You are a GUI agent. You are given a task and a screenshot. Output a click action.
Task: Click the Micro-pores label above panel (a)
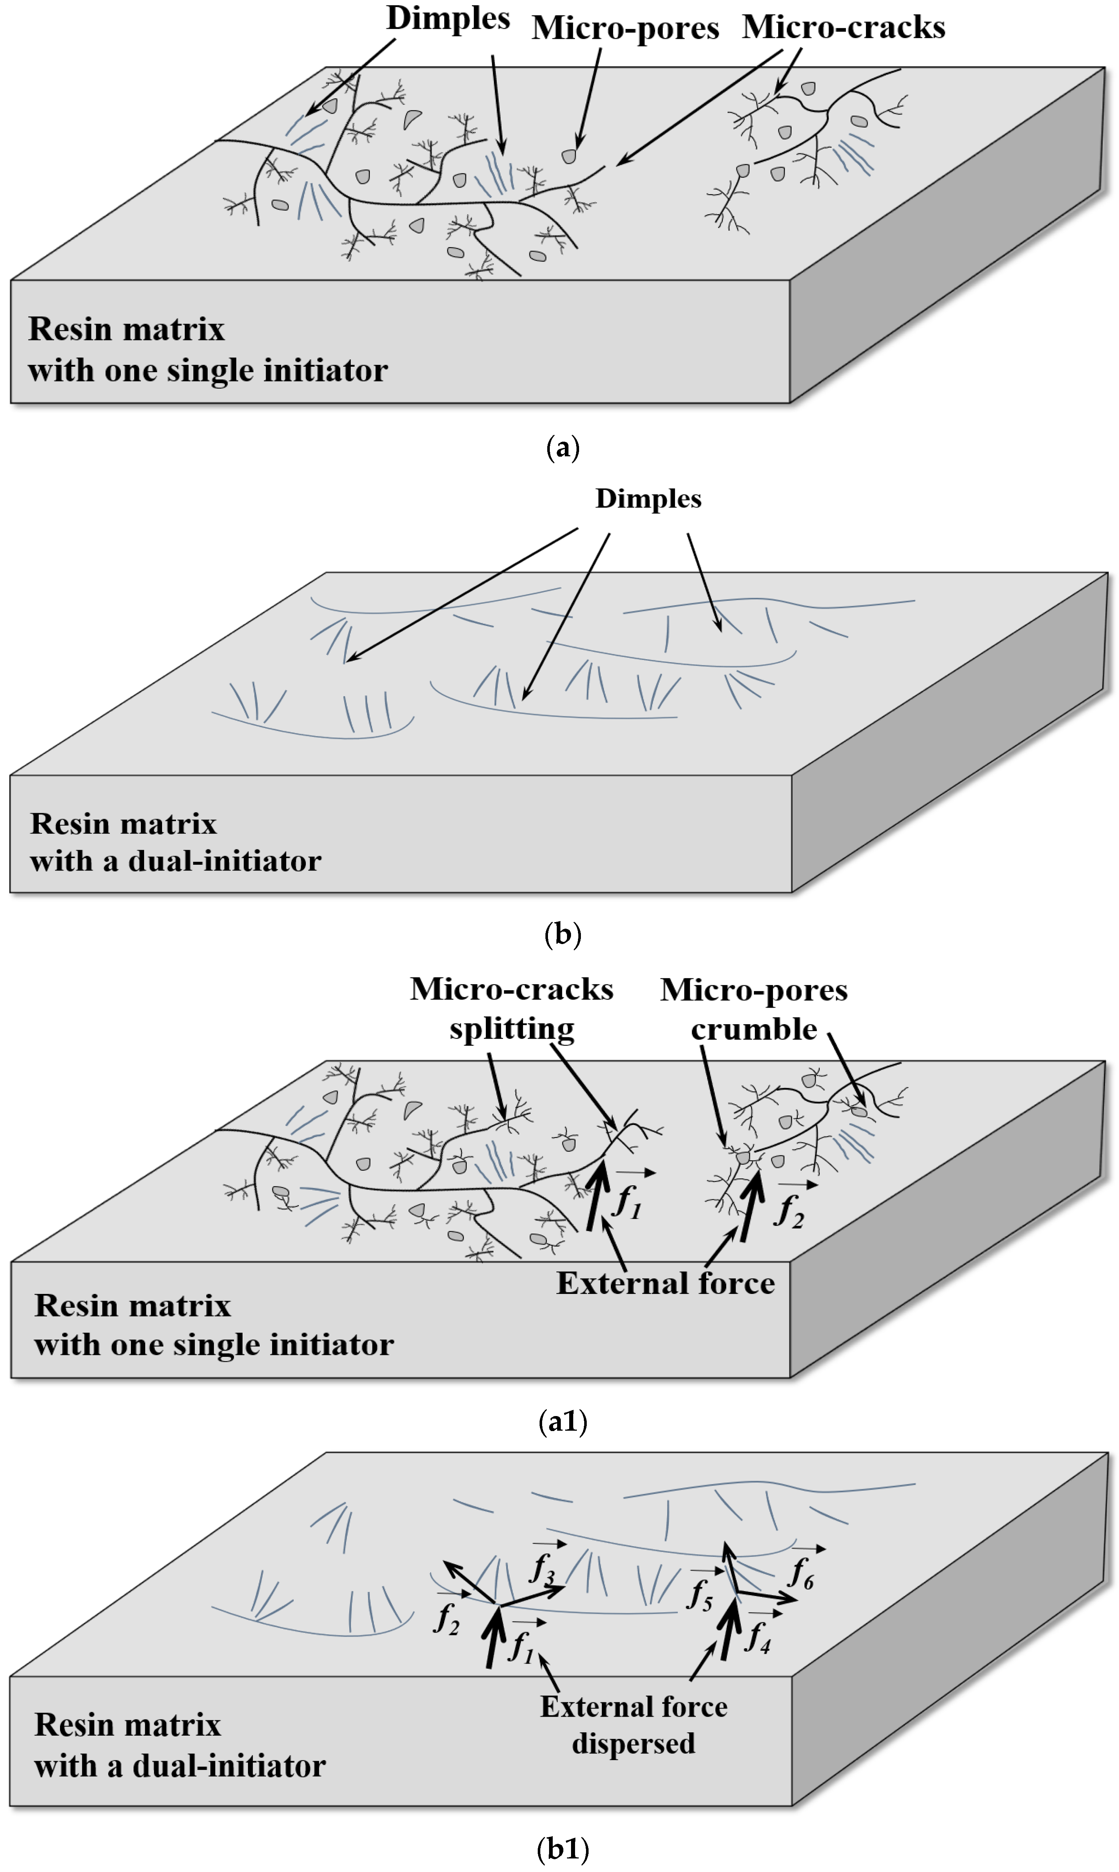click(x=625, y=29)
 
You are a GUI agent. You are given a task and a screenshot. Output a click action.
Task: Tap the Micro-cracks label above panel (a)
click(x=843, y=27)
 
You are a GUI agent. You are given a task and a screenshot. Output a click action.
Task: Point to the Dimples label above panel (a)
click(x=448, y=18)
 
